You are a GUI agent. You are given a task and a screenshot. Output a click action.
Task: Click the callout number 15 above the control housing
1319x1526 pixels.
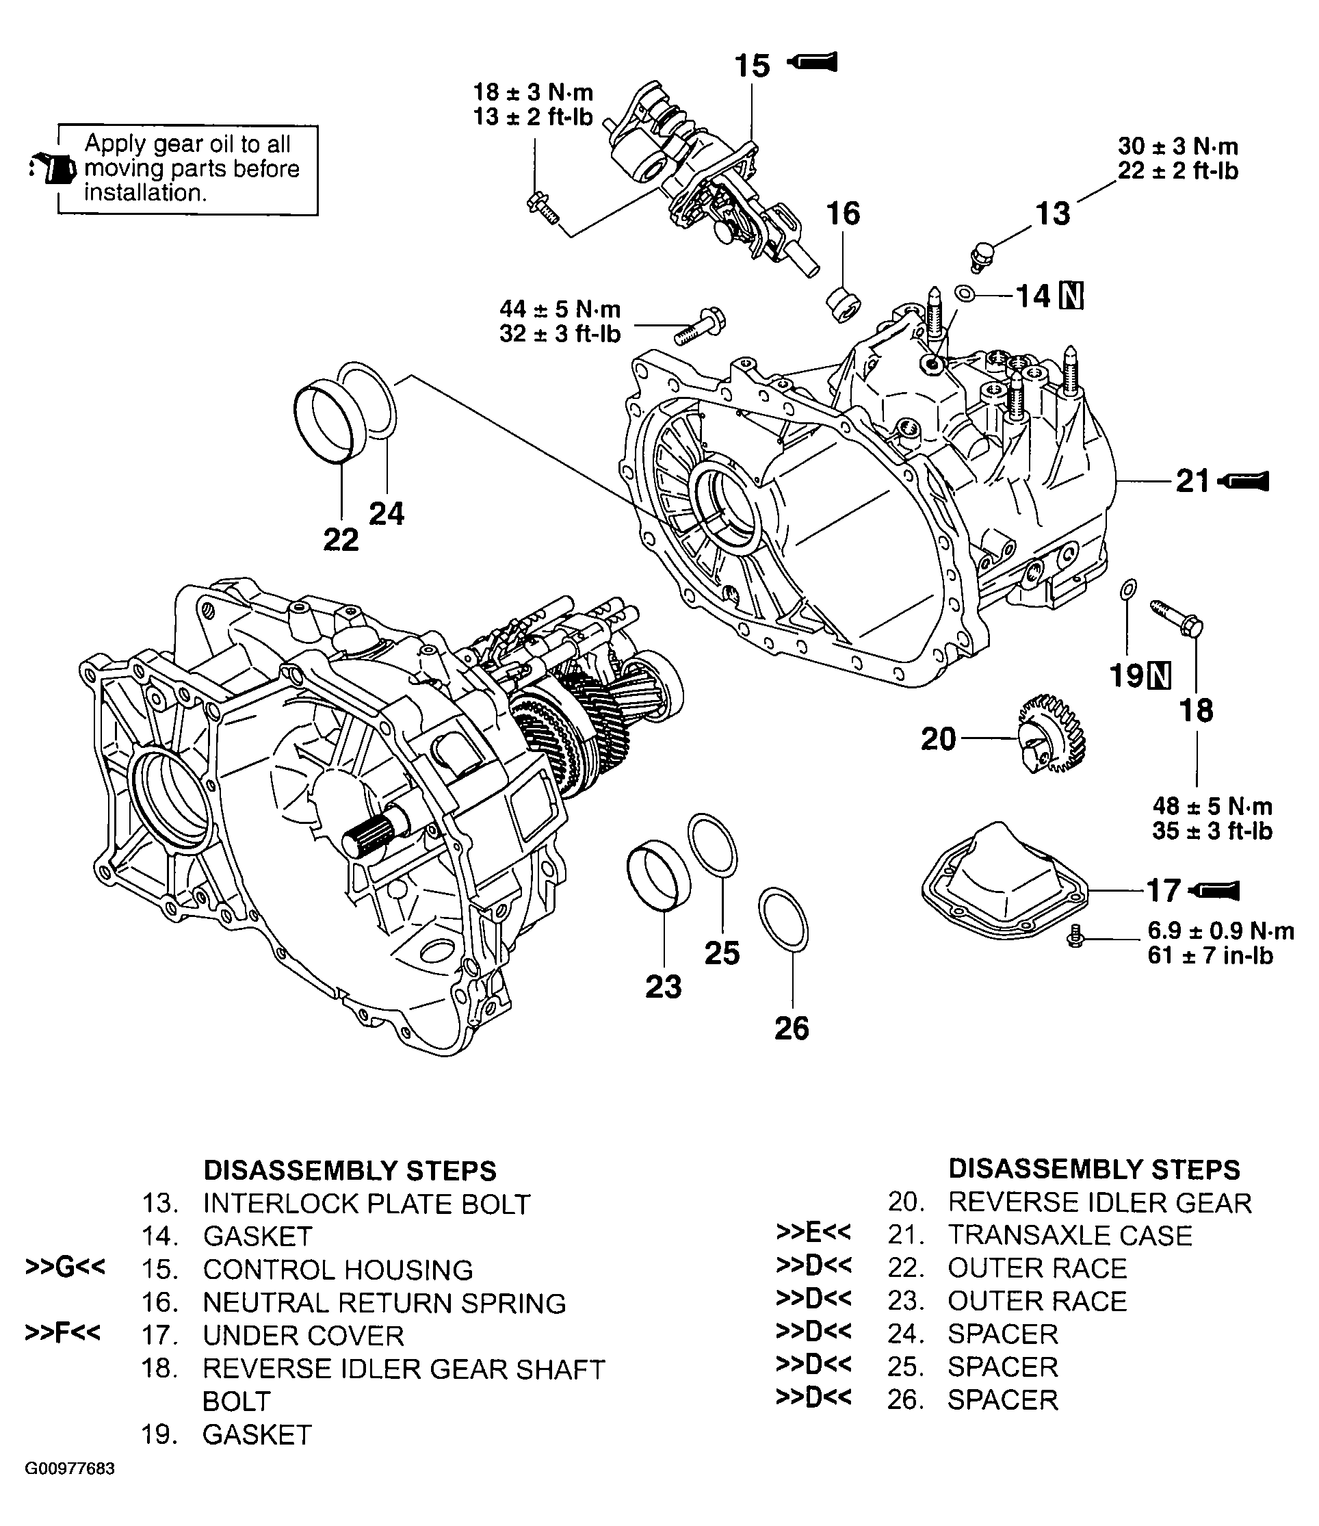(752, 66)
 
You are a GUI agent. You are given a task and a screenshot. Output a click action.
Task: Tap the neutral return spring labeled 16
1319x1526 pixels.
(844, 304)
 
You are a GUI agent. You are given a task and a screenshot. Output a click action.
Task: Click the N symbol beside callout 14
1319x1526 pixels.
(1071, 296)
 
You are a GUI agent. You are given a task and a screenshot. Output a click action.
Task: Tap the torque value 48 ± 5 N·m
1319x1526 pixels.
(1212, 806)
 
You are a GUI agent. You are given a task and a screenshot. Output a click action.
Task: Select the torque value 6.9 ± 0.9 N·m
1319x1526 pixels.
(1220, 931)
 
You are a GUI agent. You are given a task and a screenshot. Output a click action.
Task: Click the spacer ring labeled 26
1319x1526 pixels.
(782, 919)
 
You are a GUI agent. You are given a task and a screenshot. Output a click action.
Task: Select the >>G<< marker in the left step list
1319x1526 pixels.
(65, 1266)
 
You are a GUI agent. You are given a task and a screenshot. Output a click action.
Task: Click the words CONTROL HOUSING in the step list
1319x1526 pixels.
(338, 1269)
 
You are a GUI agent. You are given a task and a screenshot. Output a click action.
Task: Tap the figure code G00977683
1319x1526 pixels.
(70, 1469)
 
